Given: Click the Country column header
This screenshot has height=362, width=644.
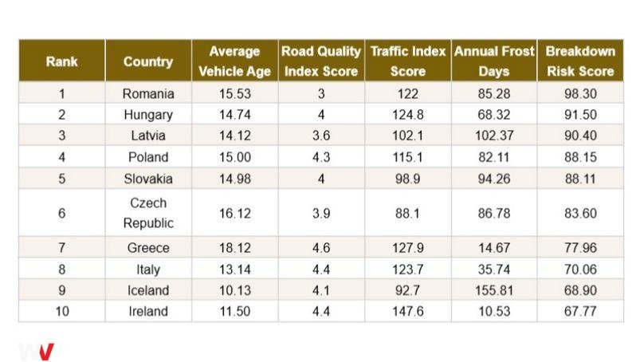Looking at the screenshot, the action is [148, 61].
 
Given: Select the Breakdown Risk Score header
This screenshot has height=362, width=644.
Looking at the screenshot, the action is [580, 61].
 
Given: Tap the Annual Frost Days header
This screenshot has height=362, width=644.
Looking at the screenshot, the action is [494, 61].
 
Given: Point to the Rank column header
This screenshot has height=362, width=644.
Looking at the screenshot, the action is [61, 61].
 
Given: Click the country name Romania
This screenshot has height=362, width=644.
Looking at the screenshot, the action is [148, 93].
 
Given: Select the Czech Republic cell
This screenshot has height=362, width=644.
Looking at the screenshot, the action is [148, 213].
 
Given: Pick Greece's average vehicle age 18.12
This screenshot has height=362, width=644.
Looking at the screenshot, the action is [235, 248].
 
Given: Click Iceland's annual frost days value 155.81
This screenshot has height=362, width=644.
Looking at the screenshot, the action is [494, 290].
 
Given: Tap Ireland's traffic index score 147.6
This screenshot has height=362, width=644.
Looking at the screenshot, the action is [408, 311].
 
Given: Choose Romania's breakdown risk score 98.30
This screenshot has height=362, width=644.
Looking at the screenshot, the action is [580, 93].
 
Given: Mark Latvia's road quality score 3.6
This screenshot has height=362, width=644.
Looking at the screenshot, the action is [321, 136].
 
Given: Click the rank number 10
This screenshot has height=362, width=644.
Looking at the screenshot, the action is [62, 311].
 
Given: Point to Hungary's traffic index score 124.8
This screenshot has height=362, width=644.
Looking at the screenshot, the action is [408, 115].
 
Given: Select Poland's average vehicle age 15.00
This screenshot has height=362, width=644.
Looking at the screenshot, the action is [235, 157].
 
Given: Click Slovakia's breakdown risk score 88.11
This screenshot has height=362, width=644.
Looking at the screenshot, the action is [580, 179].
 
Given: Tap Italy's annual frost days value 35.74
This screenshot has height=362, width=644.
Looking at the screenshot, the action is [494, 270].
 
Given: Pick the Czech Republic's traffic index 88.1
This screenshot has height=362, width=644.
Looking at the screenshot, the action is [408, 213].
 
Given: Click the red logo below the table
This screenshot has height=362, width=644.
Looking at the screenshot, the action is [45, 352].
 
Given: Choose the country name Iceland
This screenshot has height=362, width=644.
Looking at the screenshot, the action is [148, 290].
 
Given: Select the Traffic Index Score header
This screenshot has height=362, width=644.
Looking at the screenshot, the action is [408, 61].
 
